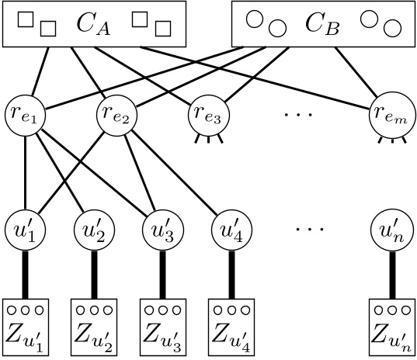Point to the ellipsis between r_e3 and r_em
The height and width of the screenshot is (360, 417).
tap(298, 116)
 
